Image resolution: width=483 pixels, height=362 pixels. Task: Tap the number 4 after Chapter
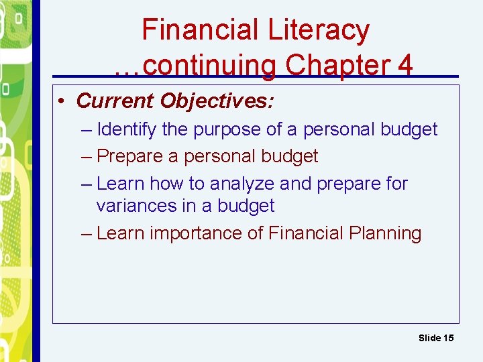[405, 65]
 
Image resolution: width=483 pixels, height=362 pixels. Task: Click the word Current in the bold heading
[115, 101]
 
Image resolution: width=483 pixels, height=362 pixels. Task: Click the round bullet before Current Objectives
[61, 101]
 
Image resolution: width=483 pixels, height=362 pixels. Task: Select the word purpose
[227, 129]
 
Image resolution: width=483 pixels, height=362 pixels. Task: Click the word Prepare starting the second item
[130, 156]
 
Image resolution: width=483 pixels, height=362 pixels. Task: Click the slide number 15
[447, 338]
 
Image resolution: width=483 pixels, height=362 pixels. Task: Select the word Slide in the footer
[429, 338]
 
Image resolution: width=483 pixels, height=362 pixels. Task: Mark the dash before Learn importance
[86, 233]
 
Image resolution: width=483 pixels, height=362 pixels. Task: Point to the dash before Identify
[86, 129]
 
